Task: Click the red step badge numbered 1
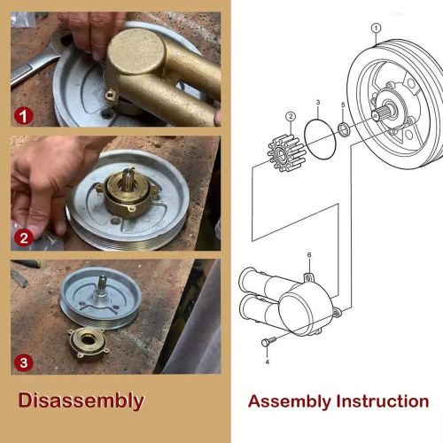(24, 116)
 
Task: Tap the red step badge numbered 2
(24, 238)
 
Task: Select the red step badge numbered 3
(24, 362)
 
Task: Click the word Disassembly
(81, 401)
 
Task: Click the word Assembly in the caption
(290, 402)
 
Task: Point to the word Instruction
(383, 401)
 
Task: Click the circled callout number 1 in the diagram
(376, 28)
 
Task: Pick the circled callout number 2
(291, 116)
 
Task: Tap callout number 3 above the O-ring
(318, 103)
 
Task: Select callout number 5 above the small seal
(343, 105)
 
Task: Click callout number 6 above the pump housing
(309, 255)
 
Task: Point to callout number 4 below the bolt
(268, 361)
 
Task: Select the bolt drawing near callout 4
(268, 341)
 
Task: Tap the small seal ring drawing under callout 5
(344, 130)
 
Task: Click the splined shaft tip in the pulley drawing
(376, 114)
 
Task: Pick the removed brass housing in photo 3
(89, 344)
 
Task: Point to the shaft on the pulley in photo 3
(102, 285)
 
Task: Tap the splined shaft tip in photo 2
(129, 175)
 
